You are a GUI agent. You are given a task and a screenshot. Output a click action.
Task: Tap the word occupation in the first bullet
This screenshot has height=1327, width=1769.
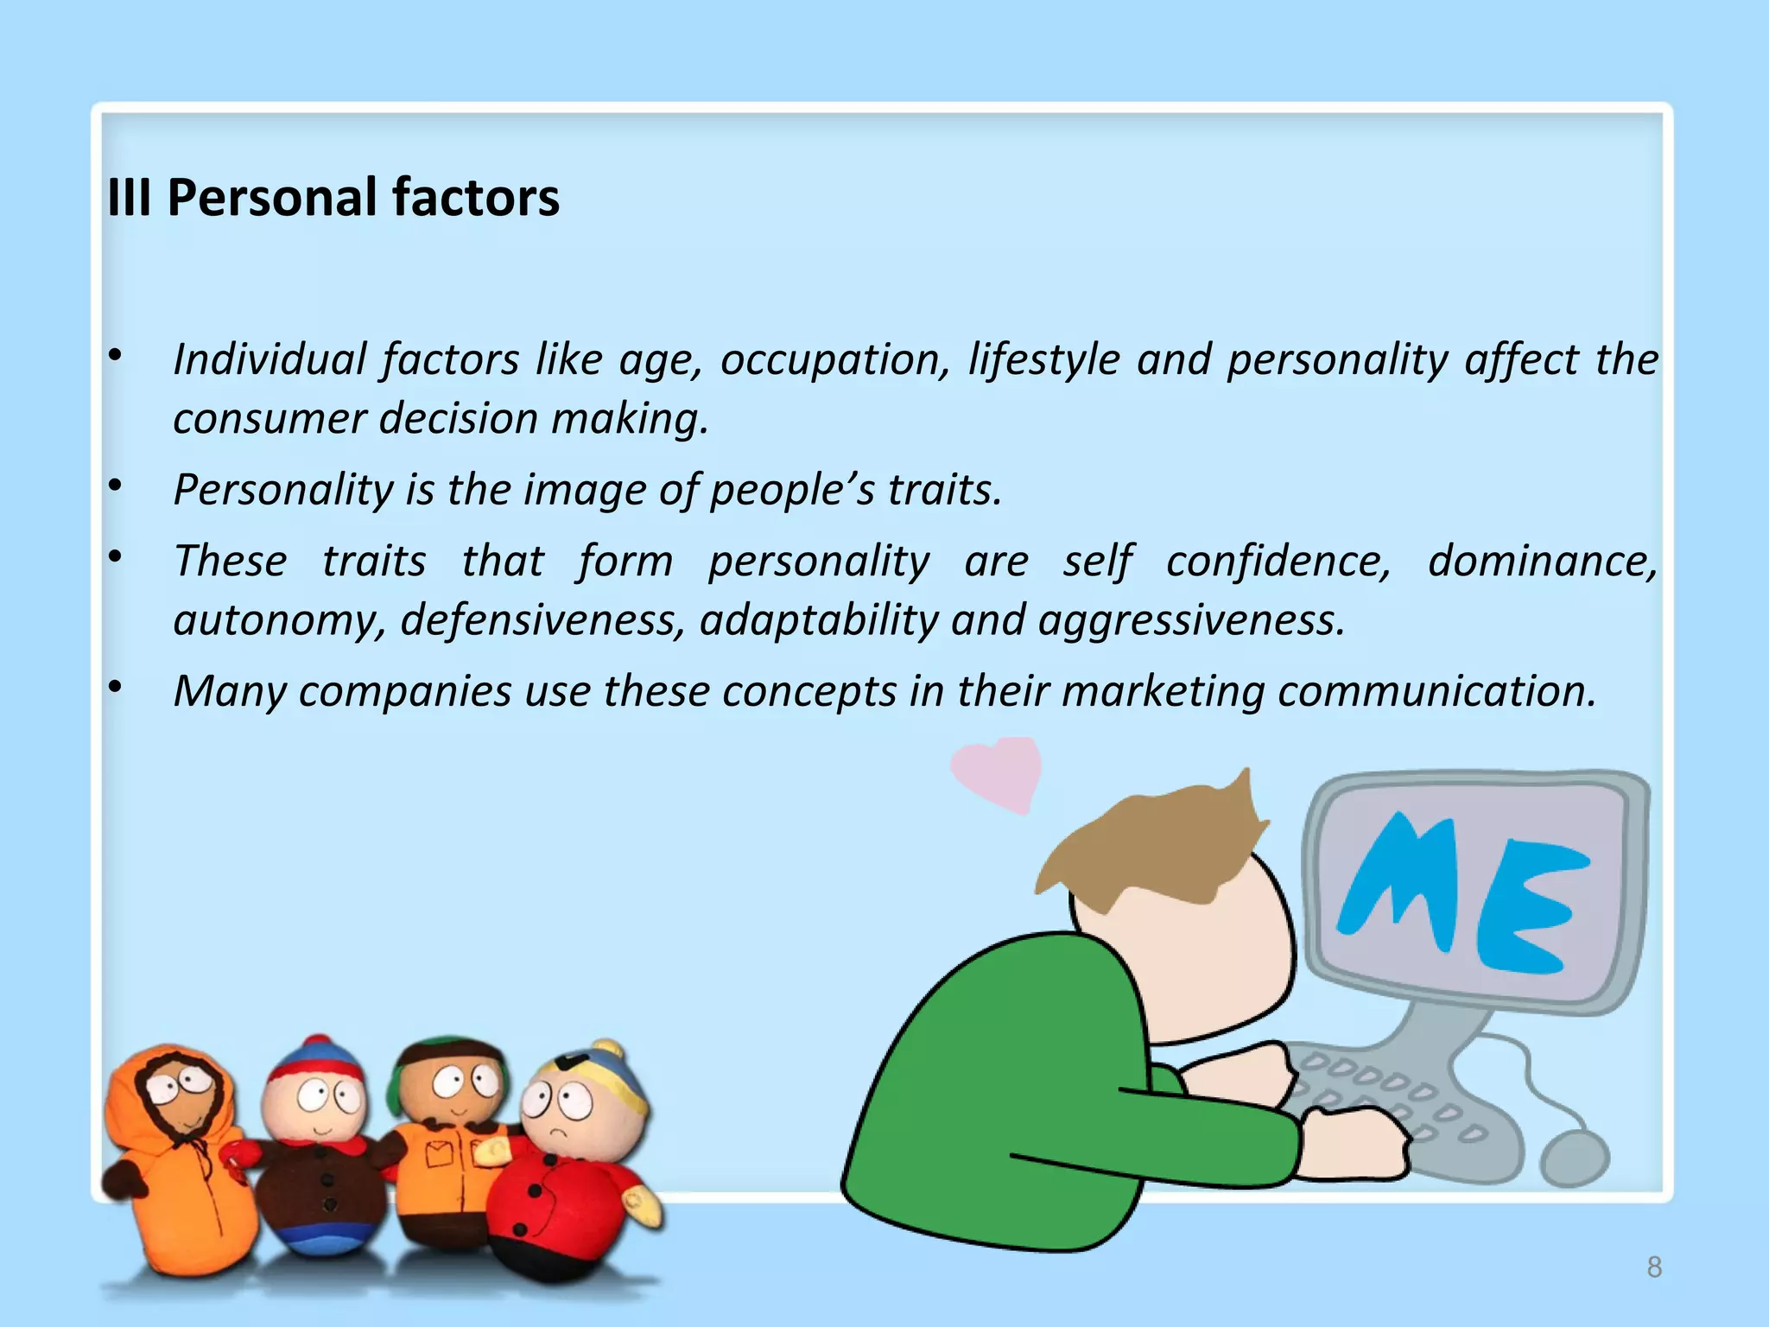point(834,359)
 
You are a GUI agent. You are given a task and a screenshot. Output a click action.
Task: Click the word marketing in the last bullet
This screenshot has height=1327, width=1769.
point(1162,691)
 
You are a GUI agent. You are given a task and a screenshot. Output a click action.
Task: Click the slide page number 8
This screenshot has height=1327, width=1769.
point(1654,1267)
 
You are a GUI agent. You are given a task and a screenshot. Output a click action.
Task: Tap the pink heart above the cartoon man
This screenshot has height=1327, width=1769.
point(999,771)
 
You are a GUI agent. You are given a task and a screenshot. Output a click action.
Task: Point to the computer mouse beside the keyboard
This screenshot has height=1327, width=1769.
point(1574,1158)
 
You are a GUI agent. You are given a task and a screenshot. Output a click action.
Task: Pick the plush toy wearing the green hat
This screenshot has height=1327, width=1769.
point(449,1140)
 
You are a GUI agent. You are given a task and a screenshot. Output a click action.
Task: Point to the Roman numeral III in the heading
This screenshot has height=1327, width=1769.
point(129,197)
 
